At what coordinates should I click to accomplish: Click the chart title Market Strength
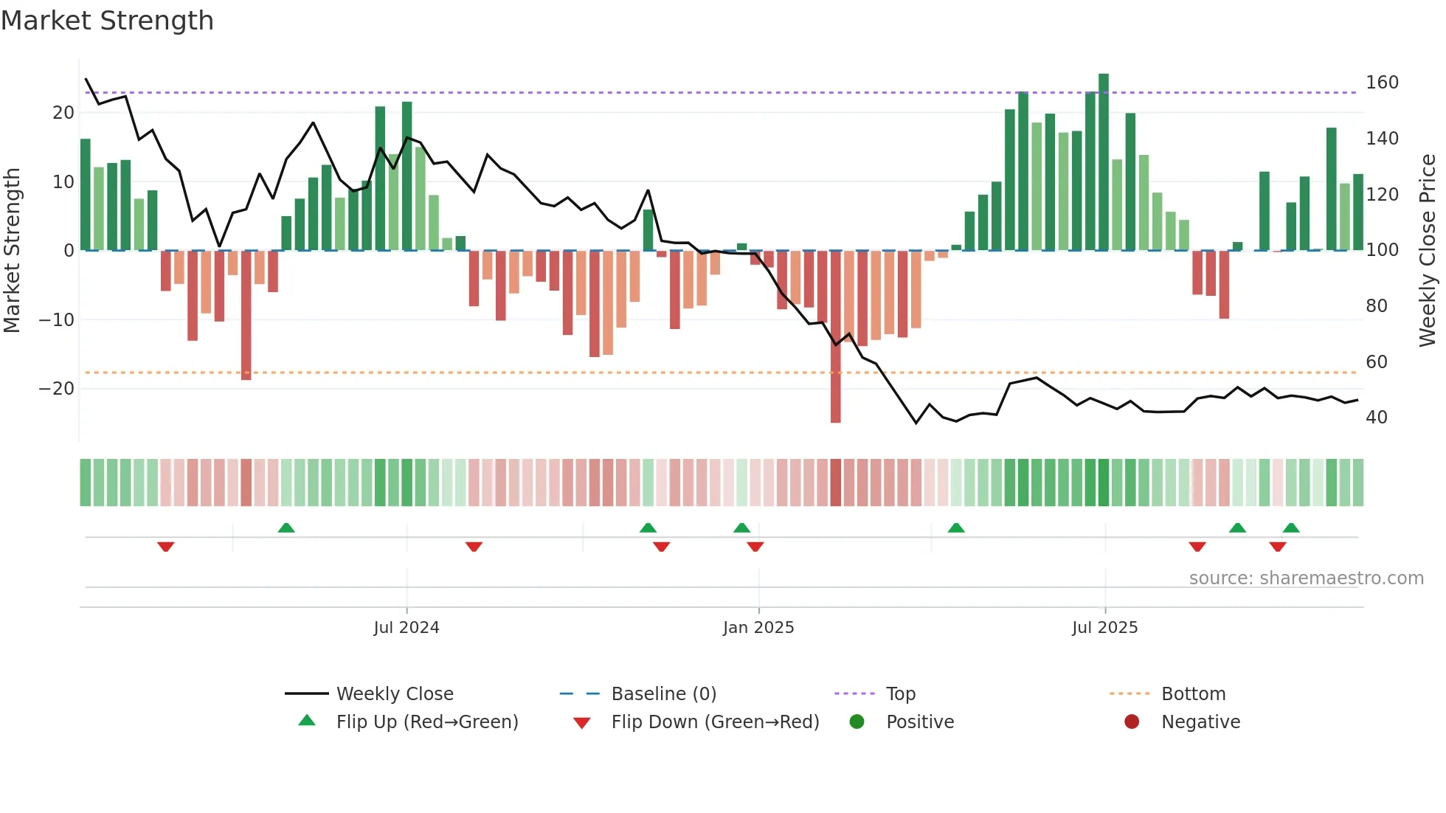(107, 21)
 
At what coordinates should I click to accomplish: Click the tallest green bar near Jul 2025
(1104, 162)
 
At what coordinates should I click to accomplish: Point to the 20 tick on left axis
(63, 113)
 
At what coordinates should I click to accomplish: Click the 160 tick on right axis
(1382, 83)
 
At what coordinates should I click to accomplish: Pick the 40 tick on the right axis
(1377, 418)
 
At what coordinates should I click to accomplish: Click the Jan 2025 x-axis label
(758, 628)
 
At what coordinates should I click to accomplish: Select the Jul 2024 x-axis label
(407, 628)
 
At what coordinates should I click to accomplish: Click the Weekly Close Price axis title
(1428, 251)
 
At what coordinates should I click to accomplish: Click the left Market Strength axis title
(12, 251)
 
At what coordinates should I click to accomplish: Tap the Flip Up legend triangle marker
(307, 721)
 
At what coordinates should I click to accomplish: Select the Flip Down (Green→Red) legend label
(715, 722)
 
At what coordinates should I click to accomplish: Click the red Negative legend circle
(1132, 722)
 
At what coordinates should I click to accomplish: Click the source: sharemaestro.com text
(1306, 578)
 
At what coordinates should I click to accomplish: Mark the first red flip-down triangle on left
(166, 547)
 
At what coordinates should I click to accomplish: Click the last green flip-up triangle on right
(1291, 527)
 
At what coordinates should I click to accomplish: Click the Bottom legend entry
(1193, 694)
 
